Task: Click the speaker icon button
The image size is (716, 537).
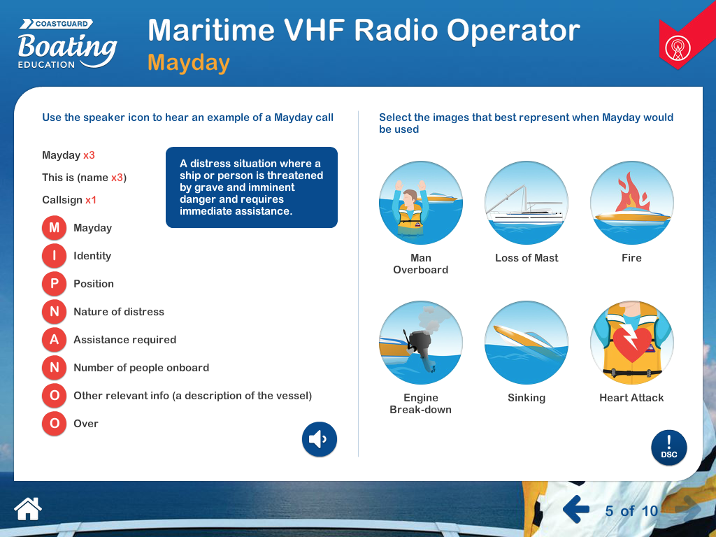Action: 320,440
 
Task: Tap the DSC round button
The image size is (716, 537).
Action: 669,448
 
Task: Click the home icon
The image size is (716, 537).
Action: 28,508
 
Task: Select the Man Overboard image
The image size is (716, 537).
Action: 421,203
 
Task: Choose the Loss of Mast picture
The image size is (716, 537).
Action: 527,203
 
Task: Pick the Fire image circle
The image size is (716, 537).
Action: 631,203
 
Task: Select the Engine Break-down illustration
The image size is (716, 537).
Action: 421,343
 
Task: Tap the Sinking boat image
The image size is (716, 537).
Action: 527,343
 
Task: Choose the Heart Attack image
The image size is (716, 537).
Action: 631,343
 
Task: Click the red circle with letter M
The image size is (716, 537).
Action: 54,228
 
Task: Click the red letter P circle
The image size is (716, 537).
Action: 54,284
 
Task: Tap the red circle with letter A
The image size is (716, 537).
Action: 54,340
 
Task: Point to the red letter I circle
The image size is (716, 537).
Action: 54,256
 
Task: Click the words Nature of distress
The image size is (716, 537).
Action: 119,312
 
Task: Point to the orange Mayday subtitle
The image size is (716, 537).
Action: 189,63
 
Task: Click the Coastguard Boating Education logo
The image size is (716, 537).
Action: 66,44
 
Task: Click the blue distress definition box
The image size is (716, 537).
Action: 252,187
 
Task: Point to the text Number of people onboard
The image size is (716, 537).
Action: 141,368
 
